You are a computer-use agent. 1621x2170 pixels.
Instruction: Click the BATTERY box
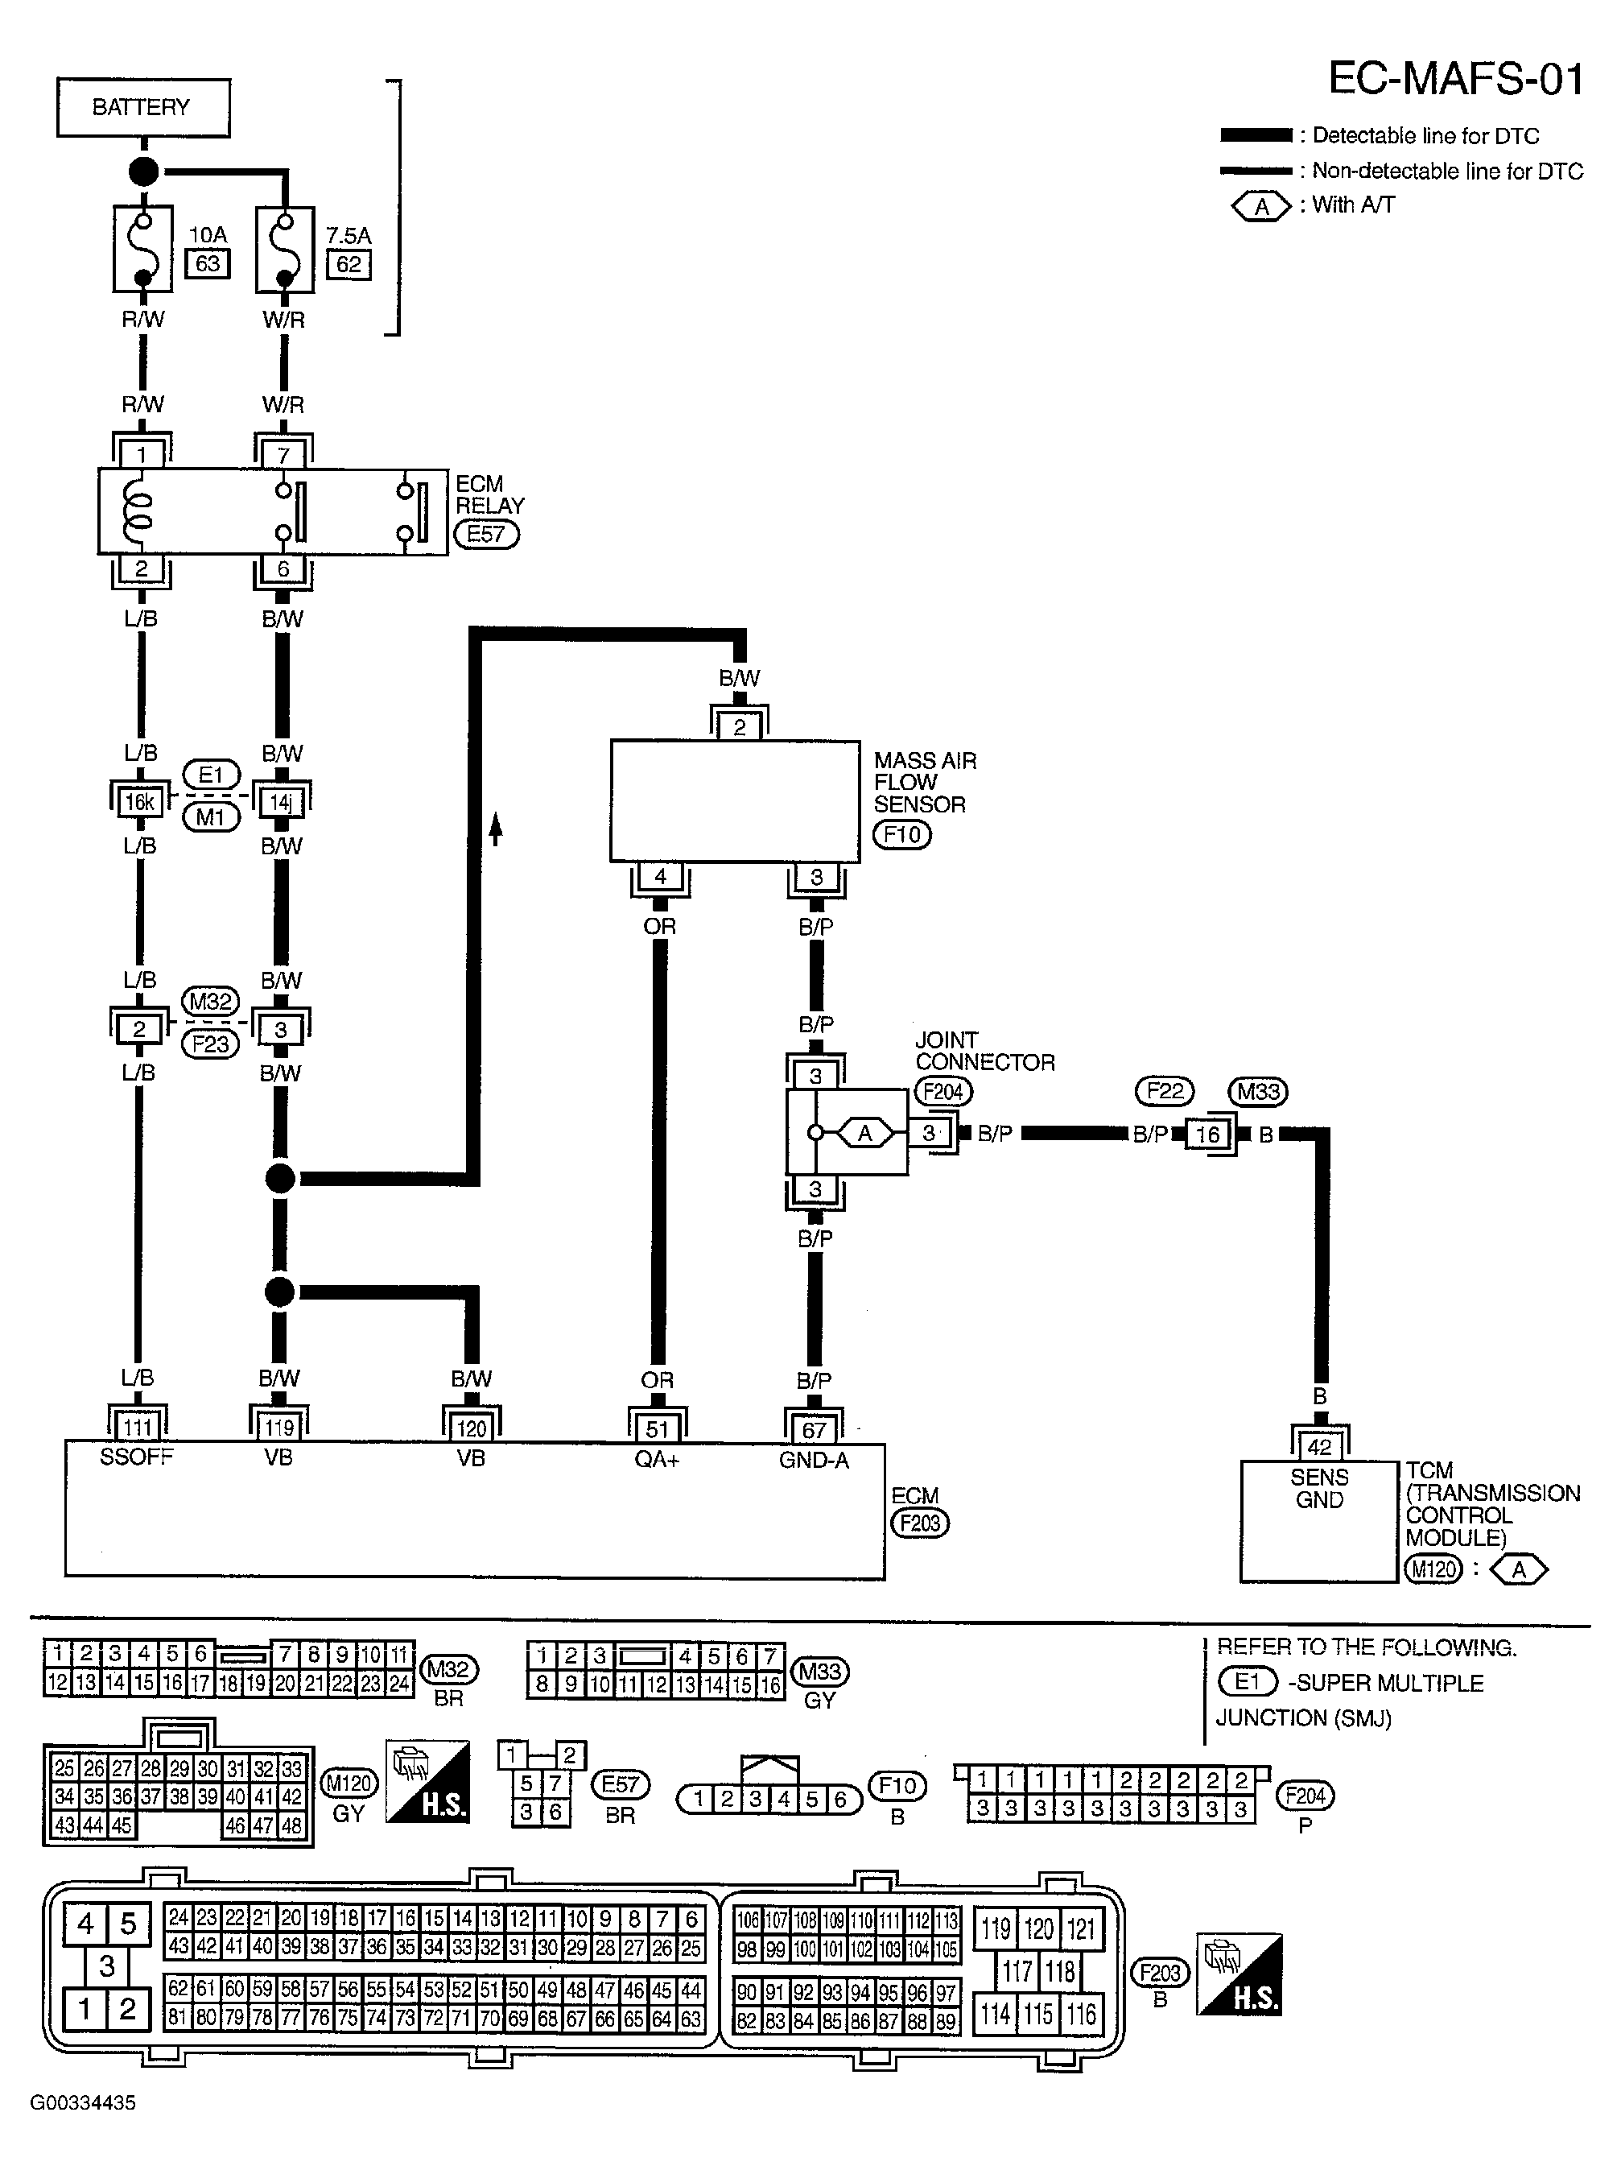(x=143, y=107)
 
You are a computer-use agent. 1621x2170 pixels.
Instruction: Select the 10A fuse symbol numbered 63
(x=143, y=248)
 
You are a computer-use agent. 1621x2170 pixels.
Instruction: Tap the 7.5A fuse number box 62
(x=349, y=265)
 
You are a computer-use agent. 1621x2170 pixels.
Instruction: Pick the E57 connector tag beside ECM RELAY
(x=485, y=535)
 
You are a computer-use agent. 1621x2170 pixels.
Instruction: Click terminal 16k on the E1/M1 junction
(x=139, y=803)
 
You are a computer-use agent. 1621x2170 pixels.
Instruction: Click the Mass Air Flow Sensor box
(x=735, y=801)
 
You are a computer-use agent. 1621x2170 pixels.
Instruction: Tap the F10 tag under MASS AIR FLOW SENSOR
(x=901, y=835)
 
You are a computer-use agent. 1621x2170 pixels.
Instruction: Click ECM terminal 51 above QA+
(x=657, y=1429)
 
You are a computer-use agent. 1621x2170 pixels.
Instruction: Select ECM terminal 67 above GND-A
(x=814, y=1429)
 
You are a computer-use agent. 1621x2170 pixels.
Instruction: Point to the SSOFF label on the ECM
(x=136, y=1457)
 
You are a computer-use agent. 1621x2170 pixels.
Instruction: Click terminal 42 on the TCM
(x=1320, y=1447)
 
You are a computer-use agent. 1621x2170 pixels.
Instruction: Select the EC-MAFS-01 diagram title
(x=1455, y=78)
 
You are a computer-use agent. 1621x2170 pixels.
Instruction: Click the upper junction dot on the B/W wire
(x=280, y=1178)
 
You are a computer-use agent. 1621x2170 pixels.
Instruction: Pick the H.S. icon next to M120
(x=427, y=1796)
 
